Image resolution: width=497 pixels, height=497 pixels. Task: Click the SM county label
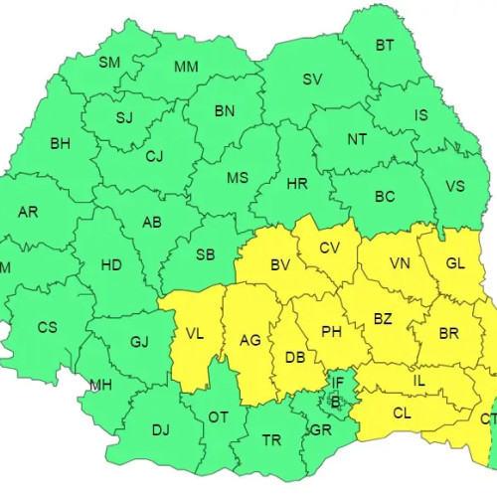point(109,62)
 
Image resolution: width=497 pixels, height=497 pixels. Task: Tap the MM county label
point(186,67)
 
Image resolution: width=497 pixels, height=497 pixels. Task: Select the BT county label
point(384,45)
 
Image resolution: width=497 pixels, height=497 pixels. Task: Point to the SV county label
point(312,80)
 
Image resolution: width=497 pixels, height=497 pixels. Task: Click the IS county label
point(421,115)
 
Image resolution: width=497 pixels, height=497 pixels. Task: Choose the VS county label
point(455,186)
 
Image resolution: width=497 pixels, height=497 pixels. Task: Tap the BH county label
point(61,143)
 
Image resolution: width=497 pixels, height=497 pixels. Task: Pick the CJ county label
point(154,156)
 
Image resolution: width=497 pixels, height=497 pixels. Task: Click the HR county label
point(298,185)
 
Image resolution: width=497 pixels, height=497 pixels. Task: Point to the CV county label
point(330,248)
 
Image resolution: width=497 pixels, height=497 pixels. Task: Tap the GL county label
point(455,263)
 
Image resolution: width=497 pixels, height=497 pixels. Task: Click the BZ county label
point(383,317)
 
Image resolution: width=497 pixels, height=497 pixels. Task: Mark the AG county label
point(250,339)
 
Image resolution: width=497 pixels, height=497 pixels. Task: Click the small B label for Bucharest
point(335,402)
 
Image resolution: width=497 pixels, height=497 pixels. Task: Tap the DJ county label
point(160,430)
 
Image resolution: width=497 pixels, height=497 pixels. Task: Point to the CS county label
point(48,327)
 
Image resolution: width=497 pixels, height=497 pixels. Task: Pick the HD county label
point(111,265)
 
